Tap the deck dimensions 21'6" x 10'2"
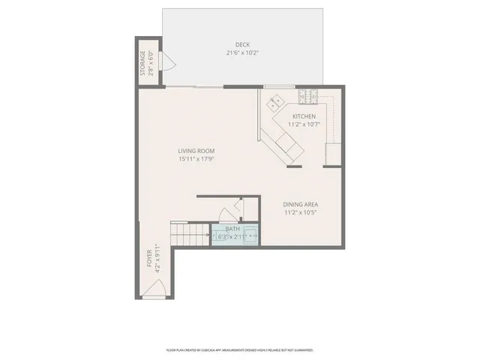point(241,53)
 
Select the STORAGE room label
point(142,63)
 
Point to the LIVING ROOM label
point(196,151)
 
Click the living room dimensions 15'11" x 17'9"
point(196,159)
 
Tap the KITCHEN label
point(304,116)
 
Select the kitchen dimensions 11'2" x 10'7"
point(304,124)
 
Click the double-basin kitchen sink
point(276,99)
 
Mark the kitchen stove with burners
point(307,96)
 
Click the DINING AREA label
point(301,205)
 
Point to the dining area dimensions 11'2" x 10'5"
point(301,213)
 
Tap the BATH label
point(233,229)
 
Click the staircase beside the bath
point(190,235)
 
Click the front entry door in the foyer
point(154,295)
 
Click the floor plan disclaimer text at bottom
point(239,349)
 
